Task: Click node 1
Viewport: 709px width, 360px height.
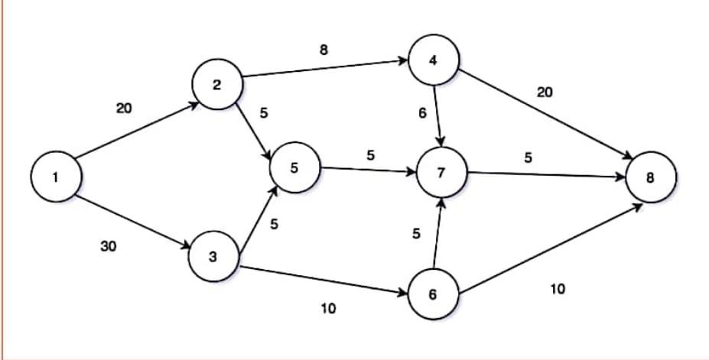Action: tap(54, 177)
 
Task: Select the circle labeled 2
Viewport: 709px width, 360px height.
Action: tap(217, 85)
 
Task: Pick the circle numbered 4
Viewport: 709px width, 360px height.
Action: tap(434, 61)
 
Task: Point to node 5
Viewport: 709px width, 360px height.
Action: tap(294, 168)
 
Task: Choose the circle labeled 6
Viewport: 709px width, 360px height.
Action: tap(433, 295)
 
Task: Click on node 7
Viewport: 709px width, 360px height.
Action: tap(441, 173)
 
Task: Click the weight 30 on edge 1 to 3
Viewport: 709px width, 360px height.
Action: tap(109, 246)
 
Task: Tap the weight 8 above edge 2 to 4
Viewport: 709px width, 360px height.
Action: tap(324, 50)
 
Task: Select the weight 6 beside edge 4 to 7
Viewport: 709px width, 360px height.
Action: tap(421, 113)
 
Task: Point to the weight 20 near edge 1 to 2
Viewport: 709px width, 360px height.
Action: tap(124, 109)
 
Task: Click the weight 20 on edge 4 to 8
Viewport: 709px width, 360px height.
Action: tap(545, 92)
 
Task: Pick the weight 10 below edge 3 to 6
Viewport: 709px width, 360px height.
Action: tap(328, 308)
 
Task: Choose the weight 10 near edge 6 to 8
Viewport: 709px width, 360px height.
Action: tap(558, 289)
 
